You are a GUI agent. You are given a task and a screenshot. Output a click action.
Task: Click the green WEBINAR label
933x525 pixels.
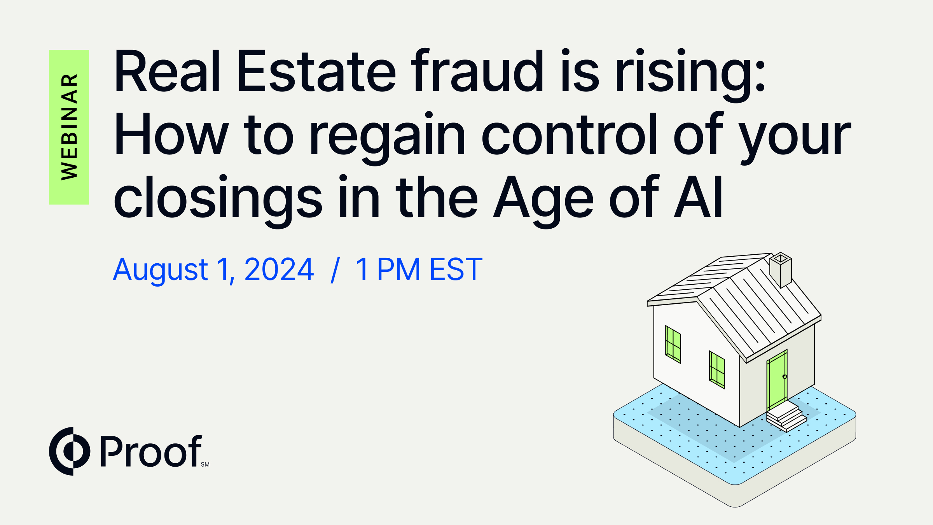tap(69, 127)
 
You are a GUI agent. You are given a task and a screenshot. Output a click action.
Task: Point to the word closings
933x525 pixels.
tap(218, 198)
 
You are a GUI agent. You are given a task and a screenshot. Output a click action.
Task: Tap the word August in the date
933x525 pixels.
tap(161, 270)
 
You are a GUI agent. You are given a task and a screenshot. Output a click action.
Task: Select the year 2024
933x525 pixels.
tap(279, 269)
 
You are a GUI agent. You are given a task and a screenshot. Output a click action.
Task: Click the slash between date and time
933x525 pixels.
tap(335, 269)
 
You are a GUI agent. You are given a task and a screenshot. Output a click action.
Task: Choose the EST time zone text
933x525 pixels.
tap(456, 269)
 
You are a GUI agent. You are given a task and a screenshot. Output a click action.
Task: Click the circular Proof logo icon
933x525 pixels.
tap(70, 451)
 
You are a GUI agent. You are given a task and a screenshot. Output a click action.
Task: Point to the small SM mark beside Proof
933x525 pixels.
tap(205, 464)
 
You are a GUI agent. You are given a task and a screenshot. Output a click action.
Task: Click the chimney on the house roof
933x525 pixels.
tap(781, 269)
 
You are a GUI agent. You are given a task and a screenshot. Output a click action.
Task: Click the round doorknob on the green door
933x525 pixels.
tap(784, 376)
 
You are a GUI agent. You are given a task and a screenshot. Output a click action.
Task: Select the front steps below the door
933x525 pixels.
tap(786, 416)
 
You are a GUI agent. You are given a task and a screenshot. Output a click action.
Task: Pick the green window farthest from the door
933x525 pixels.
tap(673, 345)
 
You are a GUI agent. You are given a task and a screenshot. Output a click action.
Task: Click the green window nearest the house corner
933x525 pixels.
tap(717, 370)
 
